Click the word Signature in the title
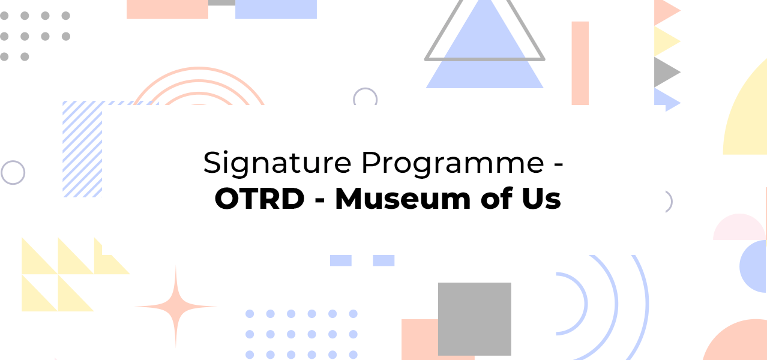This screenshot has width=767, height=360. pyautogui.click(x=277, y=164)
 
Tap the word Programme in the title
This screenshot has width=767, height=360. pyautogui.click(x=453, y=164)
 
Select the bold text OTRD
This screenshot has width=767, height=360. pyautogui.click(x=259, y=199)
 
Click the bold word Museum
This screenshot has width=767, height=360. pyautogui.click(x=403, y=199)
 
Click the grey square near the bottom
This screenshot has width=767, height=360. pyautogui.click(x=475, y=319)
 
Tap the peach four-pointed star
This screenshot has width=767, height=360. pyautogui.click(x=176, y=307)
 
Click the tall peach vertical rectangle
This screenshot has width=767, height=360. pyautogui.click(x=580, y=63)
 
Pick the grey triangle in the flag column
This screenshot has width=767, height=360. pyautogui.click(x=667, y=72)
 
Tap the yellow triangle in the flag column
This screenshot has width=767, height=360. pyautogui.click(x=667, y=41)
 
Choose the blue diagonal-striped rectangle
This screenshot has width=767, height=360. pyautogui.click(x=82, y=149)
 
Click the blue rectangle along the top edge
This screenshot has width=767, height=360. pyautogui.click(x=276, y=9)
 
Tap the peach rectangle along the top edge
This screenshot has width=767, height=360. pyautogui.click(x=167, y=9)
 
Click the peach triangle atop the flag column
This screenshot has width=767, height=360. pyautogui.click(x=666, y=11)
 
